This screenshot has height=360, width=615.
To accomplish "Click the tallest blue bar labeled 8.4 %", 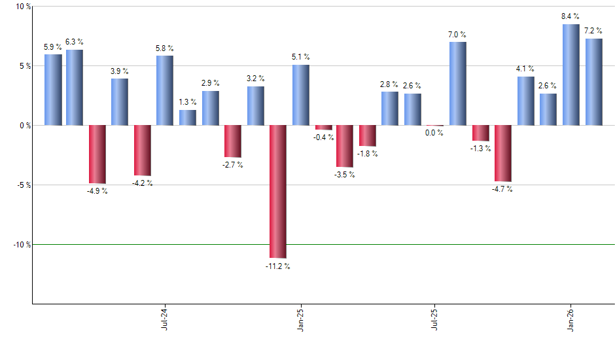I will coord(571,75).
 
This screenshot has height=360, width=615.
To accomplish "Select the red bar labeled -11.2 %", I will coord(278,191).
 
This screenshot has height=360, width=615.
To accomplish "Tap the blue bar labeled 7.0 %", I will coord(458,83).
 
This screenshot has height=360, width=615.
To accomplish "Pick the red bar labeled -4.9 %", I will coord(97,154).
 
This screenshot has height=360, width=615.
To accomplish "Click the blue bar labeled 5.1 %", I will coord(301,95).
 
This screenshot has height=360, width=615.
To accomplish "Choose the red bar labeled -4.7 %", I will coord(503,153).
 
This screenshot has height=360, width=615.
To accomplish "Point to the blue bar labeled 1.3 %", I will coord(188,117).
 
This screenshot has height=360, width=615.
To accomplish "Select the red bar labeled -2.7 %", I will coord(233,141).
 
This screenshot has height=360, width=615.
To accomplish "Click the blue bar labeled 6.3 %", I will coord(75,87).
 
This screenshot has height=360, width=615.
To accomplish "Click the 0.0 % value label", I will coord(434,133).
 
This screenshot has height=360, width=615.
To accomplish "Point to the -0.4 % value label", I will coord(324,137).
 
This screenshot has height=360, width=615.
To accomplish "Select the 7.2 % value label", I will coord(594,31).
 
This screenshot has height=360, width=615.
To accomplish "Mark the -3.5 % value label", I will coord(345,175).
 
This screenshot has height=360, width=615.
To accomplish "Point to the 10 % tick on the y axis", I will coord(23,7).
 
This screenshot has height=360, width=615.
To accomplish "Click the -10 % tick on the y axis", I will coord(22,244).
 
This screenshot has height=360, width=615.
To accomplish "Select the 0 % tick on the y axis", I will coord(25,125).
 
